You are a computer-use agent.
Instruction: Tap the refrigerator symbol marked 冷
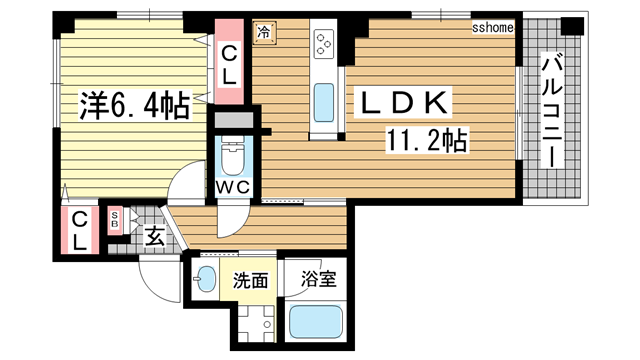point(265,32)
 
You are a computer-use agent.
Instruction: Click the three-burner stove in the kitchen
point(325,43)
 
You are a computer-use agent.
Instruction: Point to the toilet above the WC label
point(231,155)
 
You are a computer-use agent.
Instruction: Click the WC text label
point(232,185)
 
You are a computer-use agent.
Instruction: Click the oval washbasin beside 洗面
point(206,280)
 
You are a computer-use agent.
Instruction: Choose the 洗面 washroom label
point(250,281)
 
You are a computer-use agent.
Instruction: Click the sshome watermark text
point(492,28)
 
